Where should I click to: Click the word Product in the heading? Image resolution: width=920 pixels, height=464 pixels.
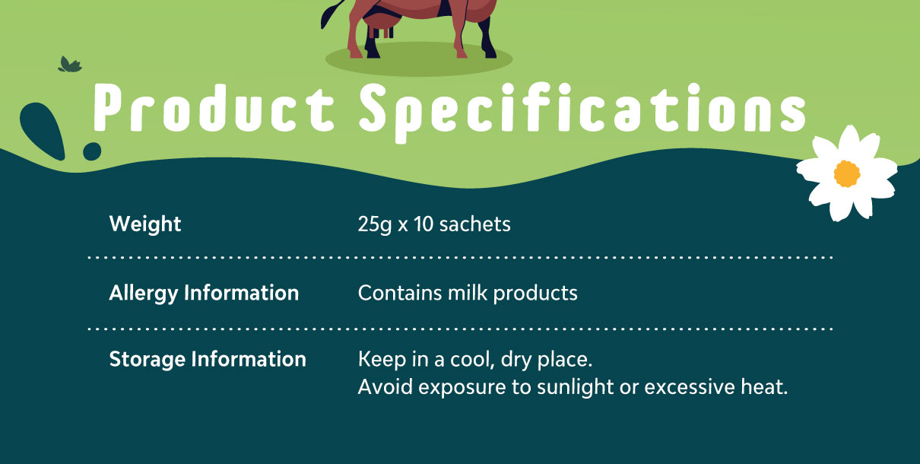click(214, 108)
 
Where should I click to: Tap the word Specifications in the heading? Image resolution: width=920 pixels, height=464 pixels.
click(582, 113)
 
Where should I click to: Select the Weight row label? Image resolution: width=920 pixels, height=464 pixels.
click(145, 224)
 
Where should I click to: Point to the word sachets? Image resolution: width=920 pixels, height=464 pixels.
click(474, 224)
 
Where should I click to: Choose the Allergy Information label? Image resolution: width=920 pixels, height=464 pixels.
click(204, 294)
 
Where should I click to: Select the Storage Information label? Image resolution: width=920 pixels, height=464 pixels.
click(208, 360)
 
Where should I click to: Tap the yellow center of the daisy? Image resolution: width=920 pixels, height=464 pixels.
click(847, 173)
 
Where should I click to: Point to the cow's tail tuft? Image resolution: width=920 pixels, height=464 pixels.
click(325, 18)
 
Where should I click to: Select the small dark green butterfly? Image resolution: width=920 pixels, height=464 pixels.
click(70, 65)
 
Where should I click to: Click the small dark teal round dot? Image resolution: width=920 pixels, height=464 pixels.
click(92, 151)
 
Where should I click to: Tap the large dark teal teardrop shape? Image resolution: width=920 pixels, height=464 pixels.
click(43, 130)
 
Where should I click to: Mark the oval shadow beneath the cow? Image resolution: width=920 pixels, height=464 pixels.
click(419, 60)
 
